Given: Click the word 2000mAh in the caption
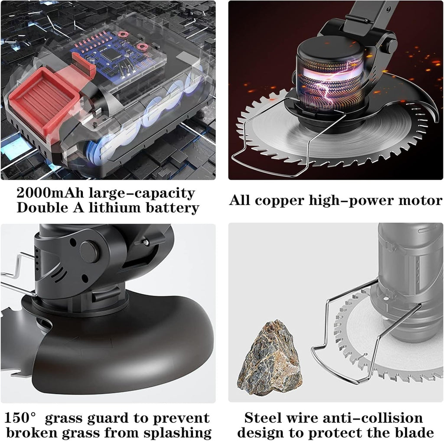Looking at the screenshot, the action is pos(50,193).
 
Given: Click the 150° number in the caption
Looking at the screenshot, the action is pos(20,418).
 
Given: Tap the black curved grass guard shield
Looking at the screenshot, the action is pos(124,345).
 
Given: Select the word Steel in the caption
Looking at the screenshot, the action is pos(263,418).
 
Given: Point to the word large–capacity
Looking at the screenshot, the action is pos(142,194).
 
